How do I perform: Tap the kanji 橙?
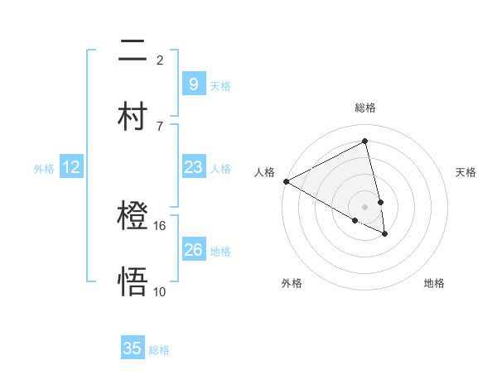click(x=133, y=217)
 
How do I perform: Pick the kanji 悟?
click(x=133, y=281)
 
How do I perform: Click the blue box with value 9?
click(x=193, y=84)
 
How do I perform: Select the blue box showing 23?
click(x=193, y=167)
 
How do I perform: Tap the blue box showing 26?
click(x=193, y=249)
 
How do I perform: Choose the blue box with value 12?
click(x=70, y=167)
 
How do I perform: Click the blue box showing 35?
click(x=133, y=348)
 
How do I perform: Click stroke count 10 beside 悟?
click(x=160, y=291)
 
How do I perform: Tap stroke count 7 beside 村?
click(x=160, y=126)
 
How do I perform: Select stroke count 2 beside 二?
click(x=160, y=60)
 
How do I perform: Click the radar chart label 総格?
click(x=365, y=108)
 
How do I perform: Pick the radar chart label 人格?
click(x=264, y=172)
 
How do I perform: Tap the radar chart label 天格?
click(x=466, y=172)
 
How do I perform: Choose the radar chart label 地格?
click(x=434, y=283)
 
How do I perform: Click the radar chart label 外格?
click(x=292, y=283)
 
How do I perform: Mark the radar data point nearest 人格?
click(x=286, y=181)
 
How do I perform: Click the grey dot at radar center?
click(x=365, y=206)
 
